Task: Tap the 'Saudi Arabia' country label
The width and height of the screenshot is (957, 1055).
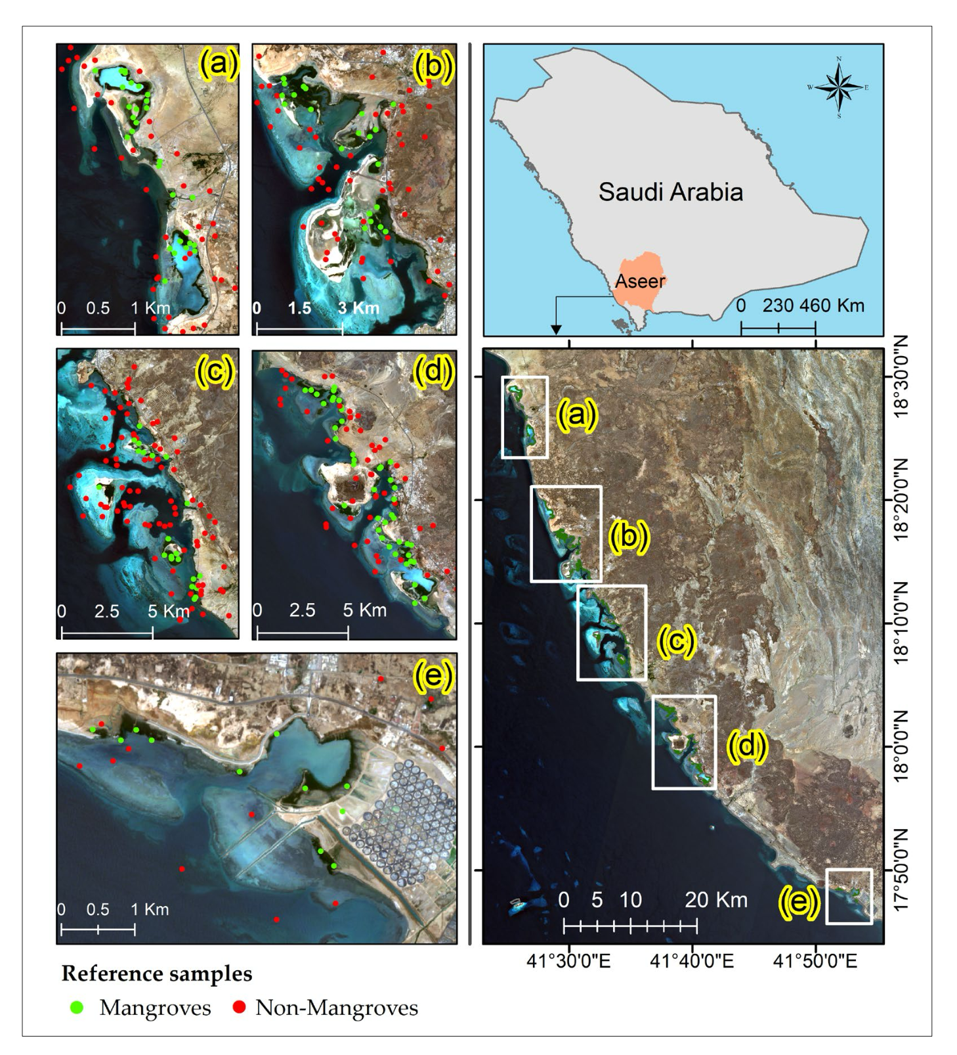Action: pyautogui.click(x=670, y=192)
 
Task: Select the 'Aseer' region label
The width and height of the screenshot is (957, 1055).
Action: pyautogui.click(x=640, y=281)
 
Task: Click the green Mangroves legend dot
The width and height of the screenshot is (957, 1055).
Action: pyautogui.click(x=77, y=1007)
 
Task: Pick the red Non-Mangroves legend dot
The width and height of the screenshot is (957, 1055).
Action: pyautogui.click(x=239, y=1007)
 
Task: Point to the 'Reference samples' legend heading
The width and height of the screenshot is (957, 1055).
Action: pyautogui.click(x=157, y=974)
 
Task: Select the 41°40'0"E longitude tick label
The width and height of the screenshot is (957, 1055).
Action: pyautogui.click(x=692, y=962)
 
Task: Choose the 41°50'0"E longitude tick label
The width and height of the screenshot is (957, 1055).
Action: pyautogui.click(x=815, y=962)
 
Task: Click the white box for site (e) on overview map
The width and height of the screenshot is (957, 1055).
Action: pyautogui.click(x=849, y=896)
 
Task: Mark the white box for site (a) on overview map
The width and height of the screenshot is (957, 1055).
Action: pyautogui.click(x=524, y=417)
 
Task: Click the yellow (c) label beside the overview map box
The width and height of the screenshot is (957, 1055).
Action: pyautogui.click(x=676, y=641)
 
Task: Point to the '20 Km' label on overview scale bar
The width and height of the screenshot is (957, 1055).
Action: pyautogui.click(x=716, y=899)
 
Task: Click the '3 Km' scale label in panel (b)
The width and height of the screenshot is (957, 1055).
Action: pyautogui.click(x=359, y=308)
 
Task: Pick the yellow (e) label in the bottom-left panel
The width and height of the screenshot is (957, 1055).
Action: pyautogui.click(x=434, y=675)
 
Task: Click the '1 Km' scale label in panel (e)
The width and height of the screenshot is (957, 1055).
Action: pyautogui.click(x=150, y=909)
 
